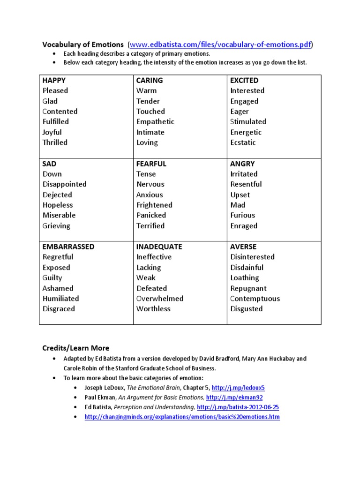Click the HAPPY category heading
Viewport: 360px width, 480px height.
54,80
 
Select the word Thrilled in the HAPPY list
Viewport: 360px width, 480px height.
55,142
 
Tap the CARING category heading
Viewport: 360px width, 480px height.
150,80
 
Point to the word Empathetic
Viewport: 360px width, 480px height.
155,122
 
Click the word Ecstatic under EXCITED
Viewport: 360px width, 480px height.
243,142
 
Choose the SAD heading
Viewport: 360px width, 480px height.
49,164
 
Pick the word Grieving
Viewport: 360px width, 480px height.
56,226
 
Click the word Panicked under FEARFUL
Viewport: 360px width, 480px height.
151,216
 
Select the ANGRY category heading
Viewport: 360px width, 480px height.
242,164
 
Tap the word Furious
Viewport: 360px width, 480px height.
243,216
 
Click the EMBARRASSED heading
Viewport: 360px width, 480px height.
68,247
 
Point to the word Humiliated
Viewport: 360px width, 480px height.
60,299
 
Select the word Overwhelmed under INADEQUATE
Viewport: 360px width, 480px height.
160,299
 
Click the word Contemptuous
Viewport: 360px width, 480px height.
255,299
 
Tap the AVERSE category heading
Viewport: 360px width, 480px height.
243,247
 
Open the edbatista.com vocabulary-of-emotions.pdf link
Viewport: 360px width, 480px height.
220,45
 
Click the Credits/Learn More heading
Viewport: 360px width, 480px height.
75,348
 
